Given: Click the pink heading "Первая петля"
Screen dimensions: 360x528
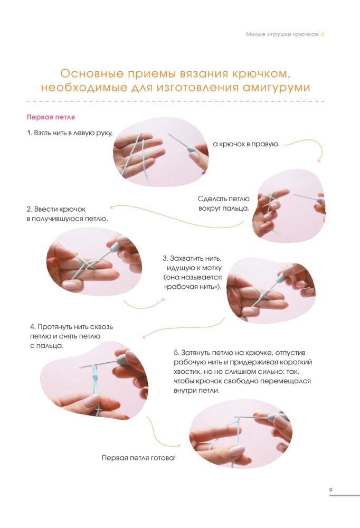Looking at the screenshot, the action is click(x=51, y=117).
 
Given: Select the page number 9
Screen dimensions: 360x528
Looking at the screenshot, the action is click(x=330, y=489).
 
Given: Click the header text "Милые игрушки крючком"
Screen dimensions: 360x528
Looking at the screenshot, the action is click(x=282, y=34).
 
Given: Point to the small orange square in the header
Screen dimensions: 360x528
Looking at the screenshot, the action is click(x=323, y=34).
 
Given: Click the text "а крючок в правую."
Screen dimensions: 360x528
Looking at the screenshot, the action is click(x=246, y=144).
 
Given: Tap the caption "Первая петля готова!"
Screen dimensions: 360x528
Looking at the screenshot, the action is click(x=139, y=458).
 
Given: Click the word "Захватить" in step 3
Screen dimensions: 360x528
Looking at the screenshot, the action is click(x=187, y=259).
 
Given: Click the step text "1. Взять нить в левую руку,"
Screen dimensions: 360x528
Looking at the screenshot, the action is click(x=70, y=133).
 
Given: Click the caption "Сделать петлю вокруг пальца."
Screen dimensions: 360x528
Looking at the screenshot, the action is click(x=224, y=203).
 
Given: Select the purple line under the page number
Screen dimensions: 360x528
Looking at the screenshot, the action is click(x=344, y=495).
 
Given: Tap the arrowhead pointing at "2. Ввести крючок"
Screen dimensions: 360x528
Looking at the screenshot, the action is click(x=112, y=207).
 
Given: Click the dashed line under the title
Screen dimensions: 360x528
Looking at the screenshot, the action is click(x=175, y=101).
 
